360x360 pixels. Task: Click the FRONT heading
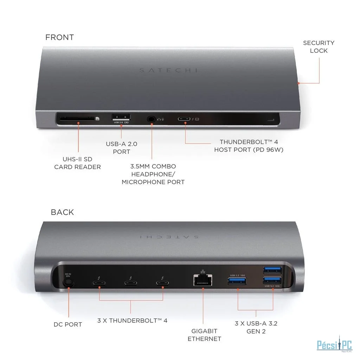click(x=59, y=37)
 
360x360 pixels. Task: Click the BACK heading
click(x=62, y=212)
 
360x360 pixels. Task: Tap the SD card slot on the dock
click(x=75, y=118)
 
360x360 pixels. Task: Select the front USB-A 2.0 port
click(x=121, y=117)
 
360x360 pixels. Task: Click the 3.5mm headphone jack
click(x=152, y=119)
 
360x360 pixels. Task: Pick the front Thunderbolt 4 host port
click(x=184, y=119)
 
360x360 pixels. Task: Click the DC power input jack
click(x=67, y=282)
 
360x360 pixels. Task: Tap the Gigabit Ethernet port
click(x=203, y=281)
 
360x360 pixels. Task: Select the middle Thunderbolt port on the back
click(x=130, y=283)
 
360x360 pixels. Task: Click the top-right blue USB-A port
click(x=272, y=270)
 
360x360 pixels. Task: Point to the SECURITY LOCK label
click(x=319, y=47)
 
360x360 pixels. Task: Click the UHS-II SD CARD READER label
click(x=77, y=163)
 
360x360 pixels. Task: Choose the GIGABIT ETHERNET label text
click(x=204, y=335)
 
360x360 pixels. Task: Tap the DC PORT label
click(x=68, y=324)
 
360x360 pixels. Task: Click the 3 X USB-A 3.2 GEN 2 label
click(x=256, y=327)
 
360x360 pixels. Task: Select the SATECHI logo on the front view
click(x=168, y=70)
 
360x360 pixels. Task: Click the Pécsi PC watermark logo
click(x=329, y=344)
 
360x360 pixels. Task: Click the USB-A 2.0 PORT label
click(x=121, y=148)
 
